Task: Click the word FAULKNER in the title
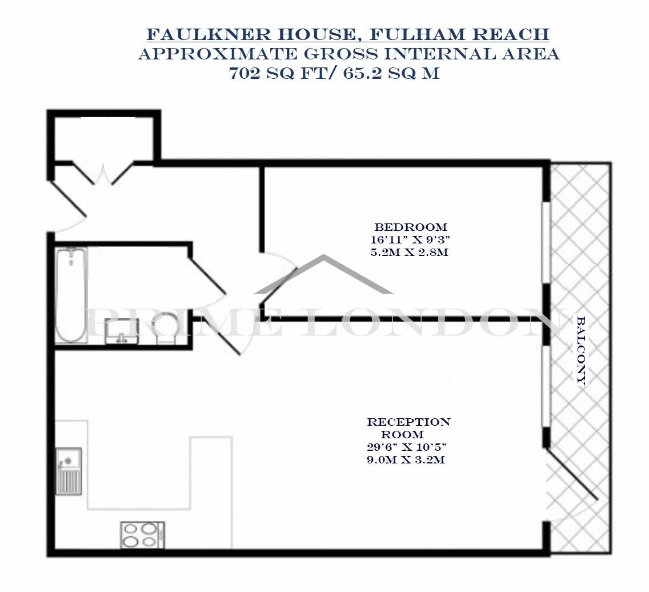[x=209, y=34]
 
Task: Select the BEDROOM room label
[x=411, y=227]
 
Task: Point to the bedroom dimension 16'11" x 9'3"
[x=410, y=239]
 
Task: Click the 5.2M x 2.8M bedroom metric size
[x=410, y=251]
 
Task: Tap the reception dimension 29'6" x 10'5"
[x=406, y=447]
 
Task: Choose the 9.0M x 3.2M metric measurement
[x=406, y=459]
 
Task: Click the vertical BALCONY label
[x=582, y=351]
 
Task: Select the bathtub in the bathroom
[x=71, y=295]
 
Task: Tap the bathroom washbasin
[x=121, y=331]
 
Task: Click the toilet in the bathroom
[x=166, y=329]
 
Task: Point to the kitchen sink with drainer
[x=69, y=471]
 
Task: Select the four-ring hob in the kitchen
[x=142, y=534]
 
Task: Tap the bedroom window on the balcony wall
[x=546, y=242]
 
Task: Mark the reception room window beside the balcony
[x=546, y=386]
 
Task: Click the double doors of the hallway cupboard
[x=102, y=174]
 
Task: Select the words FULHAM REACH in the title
[x=459, y=34]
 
